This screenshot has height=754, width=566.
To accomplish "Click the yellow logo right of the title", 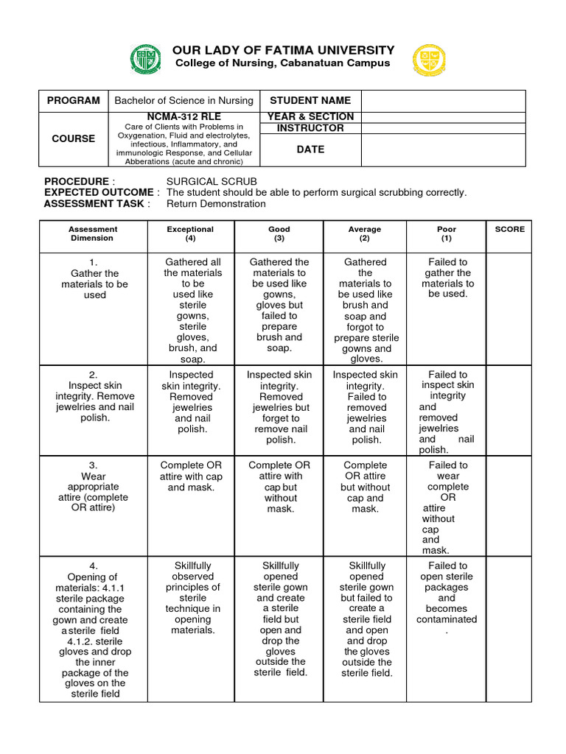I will [x=429, y=60].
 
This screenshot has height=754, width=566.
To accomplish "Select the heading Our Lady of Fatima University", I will [x=283, y=50].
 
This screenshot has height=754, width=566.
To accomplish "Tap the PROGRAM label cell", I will [x=74, y=101].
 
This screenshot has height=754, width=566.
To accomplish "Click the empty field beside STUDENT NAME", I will [x=443, y=101].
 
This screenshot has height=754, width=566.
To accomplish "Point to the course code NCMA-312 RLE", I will [x=184, y=116].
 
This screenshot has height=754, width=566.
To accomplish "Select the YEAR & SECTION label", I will [x=310, y=116].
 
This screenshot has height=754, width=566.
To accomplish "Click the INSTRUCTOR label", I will [x=310, y=128].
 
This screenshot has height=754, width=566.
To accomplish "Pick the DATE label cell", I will [x=310, y=149].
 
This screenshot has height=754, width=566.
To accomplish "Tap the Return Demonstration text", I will [x=216, y=204].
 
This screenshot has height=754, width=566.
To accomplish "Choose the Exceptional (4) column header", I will [x=190, y=233].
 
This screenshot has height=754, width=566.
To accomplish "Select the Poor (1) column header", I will [x=447, y=233].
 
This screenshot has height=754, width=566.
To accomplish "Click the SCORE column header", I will [x=509, y=229].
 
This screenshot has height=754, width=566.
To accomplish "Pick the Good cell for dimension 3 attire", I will [x=280, y=487].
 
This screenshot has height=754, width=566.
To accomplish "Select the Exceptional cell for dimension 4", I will [x=192, y=598].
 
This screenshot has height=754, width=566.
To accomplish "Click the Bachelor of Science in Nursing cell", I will [x=184, y=101].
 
